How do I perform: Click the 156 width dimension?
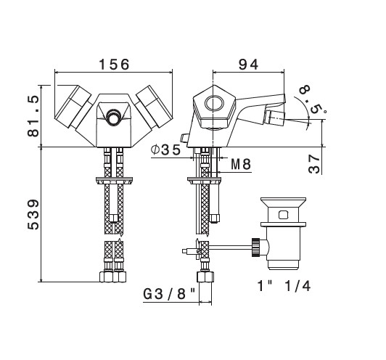pos(114,65)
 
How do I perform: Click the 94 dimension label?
pos(248,65)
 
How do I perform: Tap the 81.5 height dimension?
pos(33,116)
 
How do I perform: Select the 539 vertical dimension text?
pos(33,214)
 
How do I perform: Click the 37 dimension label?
pos(314,164)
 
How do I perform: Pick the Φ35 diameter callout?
pos(165,150)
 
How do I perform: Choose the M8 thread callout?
pos(241,164)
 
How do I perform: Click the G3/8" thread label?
pos(169,294)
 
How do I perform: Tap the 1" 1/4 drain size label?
pos(284,286)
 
